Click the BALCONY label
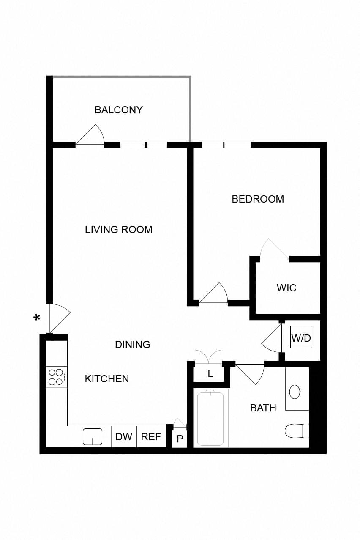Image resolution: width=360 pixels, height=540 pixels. tap(118, 110)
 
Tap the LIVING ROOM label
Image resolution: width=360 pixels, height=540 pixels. tap(118, 230)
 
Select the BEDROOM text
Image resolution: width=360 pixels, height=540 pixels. tap(258, 199)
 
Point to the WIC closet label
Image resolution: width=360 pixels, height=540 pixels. tap(286, 288)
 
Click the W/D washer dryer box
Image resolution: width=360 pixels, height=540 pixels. tap(301, 337)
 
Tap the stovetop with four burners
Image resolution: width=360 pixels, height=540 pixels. tap(57, 377)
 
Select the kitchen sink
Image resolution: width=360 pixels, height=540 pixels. tap(93, 436)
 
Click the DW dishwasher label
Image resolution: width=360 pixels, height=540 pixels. tap(124, 437)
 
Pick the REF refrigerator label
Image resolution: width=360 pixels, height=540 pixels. tap(151, 437)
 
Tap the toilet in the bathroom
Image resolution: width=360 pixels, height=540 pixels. tap(297, 431)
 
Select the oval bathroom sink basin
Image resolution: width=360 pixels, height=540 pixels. tap(295, 392)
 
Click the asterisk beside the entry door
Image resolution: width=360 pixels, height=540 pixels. tap(37, 318)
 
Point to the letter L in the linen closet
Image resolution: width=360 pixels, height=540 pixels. tap(210, 374)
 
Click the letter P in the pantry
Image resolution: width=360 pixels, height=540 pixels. tap(180, 439)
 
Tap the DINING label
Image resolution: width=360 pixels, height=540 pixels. tap(132, 345)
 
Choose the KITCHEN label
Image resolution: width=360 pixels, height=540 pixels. tap(107, 379)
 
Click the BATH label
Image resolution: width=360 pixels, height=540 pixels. tap(263, 408)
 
